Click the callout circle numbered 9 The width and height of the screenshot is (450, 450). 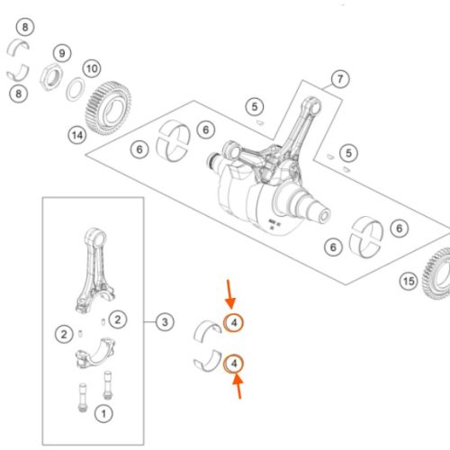click(62, 53)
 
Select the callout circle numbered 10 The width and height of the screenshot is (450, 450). click(92, 68)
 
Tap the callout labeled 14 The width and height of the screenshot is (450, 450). click(77, 135)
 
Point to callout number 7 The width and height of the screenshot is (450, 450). click(340, 79)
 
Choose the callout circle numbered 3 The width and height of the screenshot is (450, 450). click(165, 322)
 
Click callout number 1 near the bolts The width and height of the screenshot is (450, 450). click(103, 414)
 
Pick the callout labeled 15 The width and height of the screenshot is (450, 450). click(409, 281)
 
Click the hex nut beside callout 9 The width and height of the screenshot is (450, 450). click(51, 77)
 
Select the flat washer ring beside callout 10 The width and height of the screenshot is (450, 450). click(76, 89)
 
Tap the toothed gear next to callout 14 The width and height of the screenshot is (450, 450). click(109, 108)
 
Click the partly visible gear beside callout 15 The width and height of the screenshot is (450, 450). click(436, 274)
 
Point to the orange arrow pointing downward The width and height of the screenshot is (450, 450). click(229, 294)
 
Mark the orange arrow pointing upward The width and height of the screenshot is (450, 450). click(238, 386)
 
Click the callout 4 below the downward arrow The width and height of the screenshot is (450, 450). click(234, 323)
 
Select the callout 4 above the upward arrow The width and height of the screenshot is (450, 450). click(234, 364)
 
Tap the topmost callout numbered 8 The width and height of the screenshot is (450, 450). click(25, 27)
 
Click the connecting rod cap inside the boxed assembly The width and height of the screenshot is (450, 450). click(95, 353)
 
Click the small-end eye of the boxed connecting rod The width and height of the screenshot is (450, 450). click(96, 237)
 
